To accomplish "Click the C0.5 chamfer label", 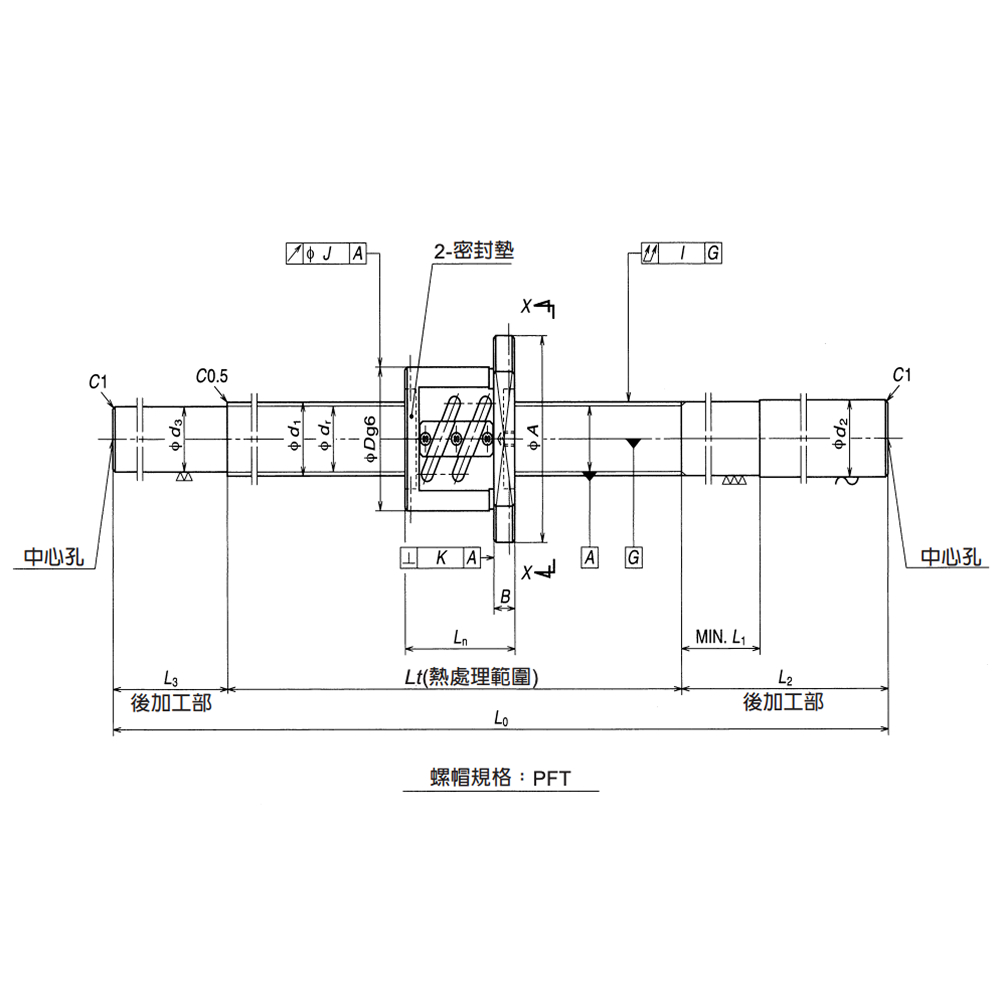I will point(212,377).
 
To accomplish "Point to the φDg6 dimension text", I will point(369,437).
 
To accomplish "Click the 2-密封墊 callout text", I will point(473,252).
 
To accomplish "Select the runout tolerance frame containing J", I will point(326,254).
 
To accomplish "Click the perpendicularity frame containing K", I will point(440,558).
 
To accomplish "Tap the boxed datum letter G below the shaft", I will point(633,558).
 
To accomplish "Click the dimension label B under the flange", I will point(506,596).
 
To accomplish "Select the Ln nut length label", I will point(460,636).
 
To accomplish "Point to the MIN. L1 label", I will point(721,636).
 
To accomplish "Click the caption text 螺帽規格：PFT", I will point(500,778).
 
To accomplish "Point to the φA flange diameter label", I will point(533,437).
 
